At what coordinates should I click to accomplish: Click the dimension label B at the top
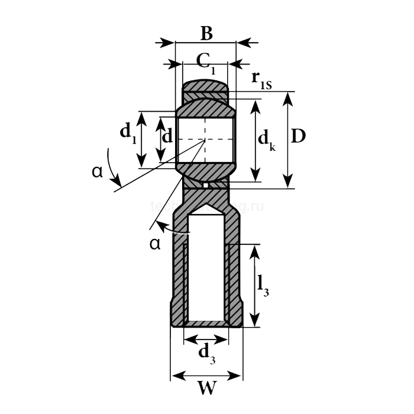click(x=206, y=34)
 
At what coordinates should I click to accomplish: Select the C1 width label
click(x=204, y=62)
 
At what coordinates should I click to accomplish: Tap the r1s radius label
click(x=260, y=79)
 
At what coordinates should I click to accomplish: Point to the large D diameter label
click(x=299, y=137)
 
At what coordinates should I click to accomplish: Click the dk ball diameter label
click(x=267, y=140)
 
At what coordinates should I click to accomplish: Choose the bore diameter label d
click(x=167, y=137)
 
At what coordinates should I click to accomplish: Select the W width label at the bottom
click(x=206, y=389)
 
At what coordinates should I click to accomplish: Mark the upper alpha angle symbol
click(x=98, y=172)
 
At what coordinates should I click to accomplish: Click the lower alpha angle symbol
click(x=155, y=243)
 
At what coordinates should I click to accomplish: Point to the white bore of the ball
click(x=205, y=140)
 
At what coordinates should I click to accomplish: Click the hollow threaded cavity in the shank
click(x=206, y=272)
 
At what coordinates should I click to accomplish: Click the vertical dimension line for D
click(x=288, y=140)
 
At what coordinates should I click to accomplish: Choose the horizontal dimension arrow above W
click(x=206, y=376)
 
